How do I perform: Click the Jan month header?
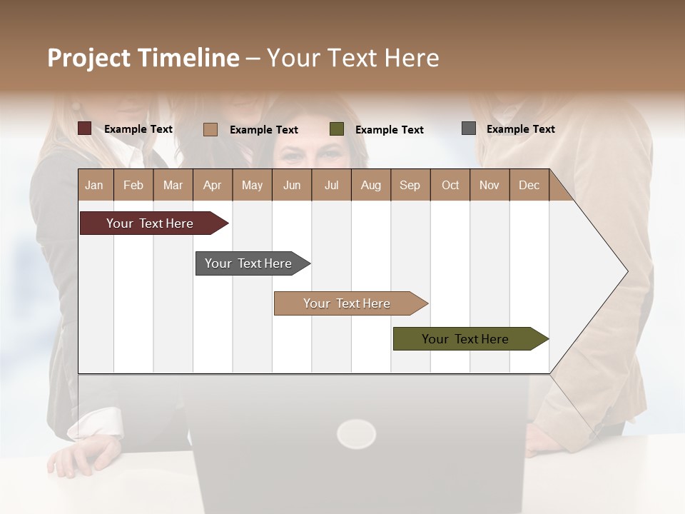pos(95,185)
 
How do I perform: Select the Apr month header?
pos(213,185)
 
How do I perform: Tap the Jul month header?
pos(331,185)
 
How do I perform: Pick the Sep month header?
pos(410,185)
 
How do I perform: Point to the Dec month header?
pos(529,185)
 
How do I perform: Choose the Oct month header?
pos(450,185)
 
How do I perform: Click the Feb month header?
pos(133,185)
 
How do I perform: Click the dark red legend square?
pos(85,128)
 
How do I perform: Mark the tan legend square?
pos(210,129)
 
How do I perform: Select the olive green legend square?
pos(337,129)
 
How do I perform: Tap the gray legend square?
pos(469,128)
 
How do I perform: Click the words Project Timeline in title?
pos(143,58)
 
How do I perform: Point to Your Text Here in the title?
pos(352,58)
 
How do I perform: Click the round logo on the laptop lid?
pos(356,433)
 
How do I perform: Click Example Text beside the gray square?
pos(520,129)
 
